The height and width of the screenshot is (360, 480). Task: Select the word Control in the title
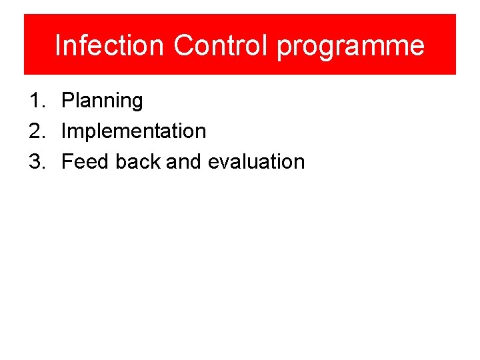tap(222, 45)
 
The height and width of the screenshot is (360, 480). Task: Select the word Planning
tap(102, 101)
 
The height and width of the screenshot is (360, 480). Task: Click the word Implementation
tap(133, 131)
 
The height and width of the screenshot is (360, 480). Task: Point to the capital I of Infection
tap(58, 45)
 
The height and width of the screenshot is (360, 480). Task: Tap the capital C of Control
tap(183, 45)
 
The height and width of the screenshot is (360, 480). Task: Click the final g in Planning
tap(137, 103)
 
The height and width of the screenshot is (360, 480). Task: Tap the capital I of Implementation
tap(63, 131)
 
